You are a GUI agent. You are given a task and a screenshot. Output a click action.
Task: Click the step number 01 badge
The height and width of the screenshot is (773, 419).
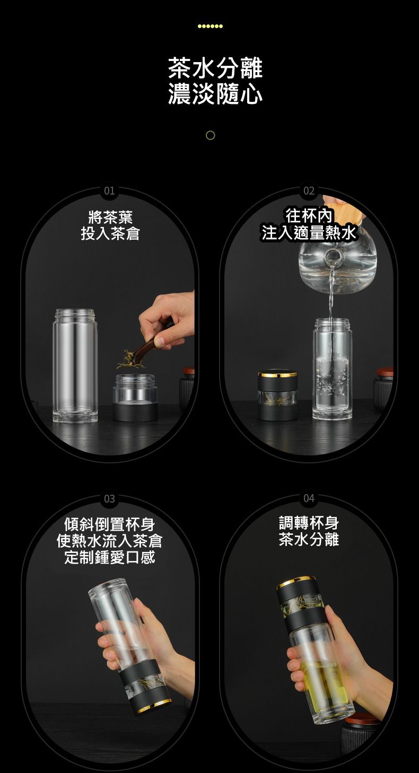click(109, 191)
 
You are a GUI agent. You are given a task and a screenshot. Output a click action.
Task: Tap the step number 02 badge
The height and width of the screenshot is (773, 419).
click(309, 191)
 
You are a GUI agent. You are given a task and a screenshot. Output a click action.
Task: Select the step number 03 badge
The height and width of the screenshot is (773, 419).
click(109, 499)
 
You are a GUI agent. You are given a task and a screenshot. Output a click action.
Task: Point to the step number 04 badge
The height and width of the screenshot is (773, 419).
click(309, 499)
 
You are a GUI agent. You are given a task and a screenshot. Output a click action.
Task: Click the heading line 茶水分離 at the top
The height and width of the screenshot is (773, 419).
click(215, 68)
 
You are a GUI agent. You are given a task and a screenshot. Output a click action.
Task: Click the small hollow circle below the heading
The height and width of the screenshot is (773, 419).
click(210, 135)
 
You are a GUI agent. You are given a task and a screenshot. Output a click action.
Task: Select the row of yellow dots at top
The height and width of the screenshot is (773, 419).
click(210, 26)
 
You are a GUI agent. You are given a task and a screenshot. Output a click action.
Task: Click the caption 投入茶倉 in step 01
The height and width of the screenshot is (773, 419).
click(110, 234)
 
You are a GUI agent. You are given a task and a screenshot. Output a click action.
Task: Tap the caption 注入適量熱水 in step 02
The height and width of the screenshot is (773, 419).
click(309, 233)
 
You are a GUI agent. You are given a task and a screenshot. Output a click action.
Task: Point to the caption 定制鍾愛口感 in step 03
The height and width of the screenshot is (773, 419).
click(110, 557)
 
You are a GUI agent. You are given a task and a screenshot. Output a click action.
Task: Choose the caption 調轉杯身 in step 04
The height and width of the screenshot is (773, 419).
click(309, 523)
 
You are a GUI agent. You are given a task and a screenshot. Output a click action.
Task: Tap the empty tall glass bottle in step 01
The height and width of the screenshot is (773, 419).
click(75, 365)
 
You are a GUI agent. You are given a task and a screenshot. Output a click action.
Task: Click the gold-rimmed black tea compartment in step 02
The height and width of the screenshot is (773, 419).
click(277, 396)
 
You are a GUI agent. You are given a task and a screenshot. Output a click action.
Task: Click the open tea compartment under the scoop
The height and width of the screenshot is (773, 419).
click(135, 398)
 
